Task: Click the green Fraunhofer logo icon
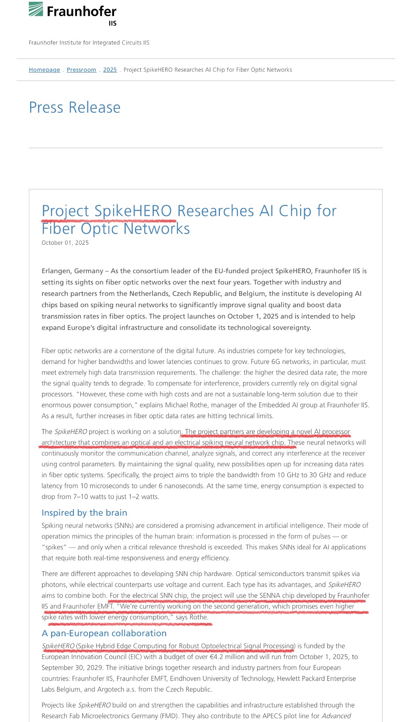[36, 9]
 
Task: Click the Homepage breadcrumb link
[44, 70]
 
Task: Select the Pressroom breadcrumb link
[81, 70]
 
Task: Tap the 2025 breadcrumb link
[110, 70]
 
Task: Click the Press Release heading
[75, 108]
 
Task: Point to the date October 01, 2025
[65, 243]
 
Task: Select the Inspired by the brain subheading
[84, 513]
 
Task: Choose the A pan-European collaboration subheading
[104, 633]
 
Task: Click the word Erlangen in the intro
[56, 271]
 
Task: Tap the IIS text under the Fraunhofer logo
[112, 24]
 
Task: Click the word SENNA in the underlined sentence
[270, 596]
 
